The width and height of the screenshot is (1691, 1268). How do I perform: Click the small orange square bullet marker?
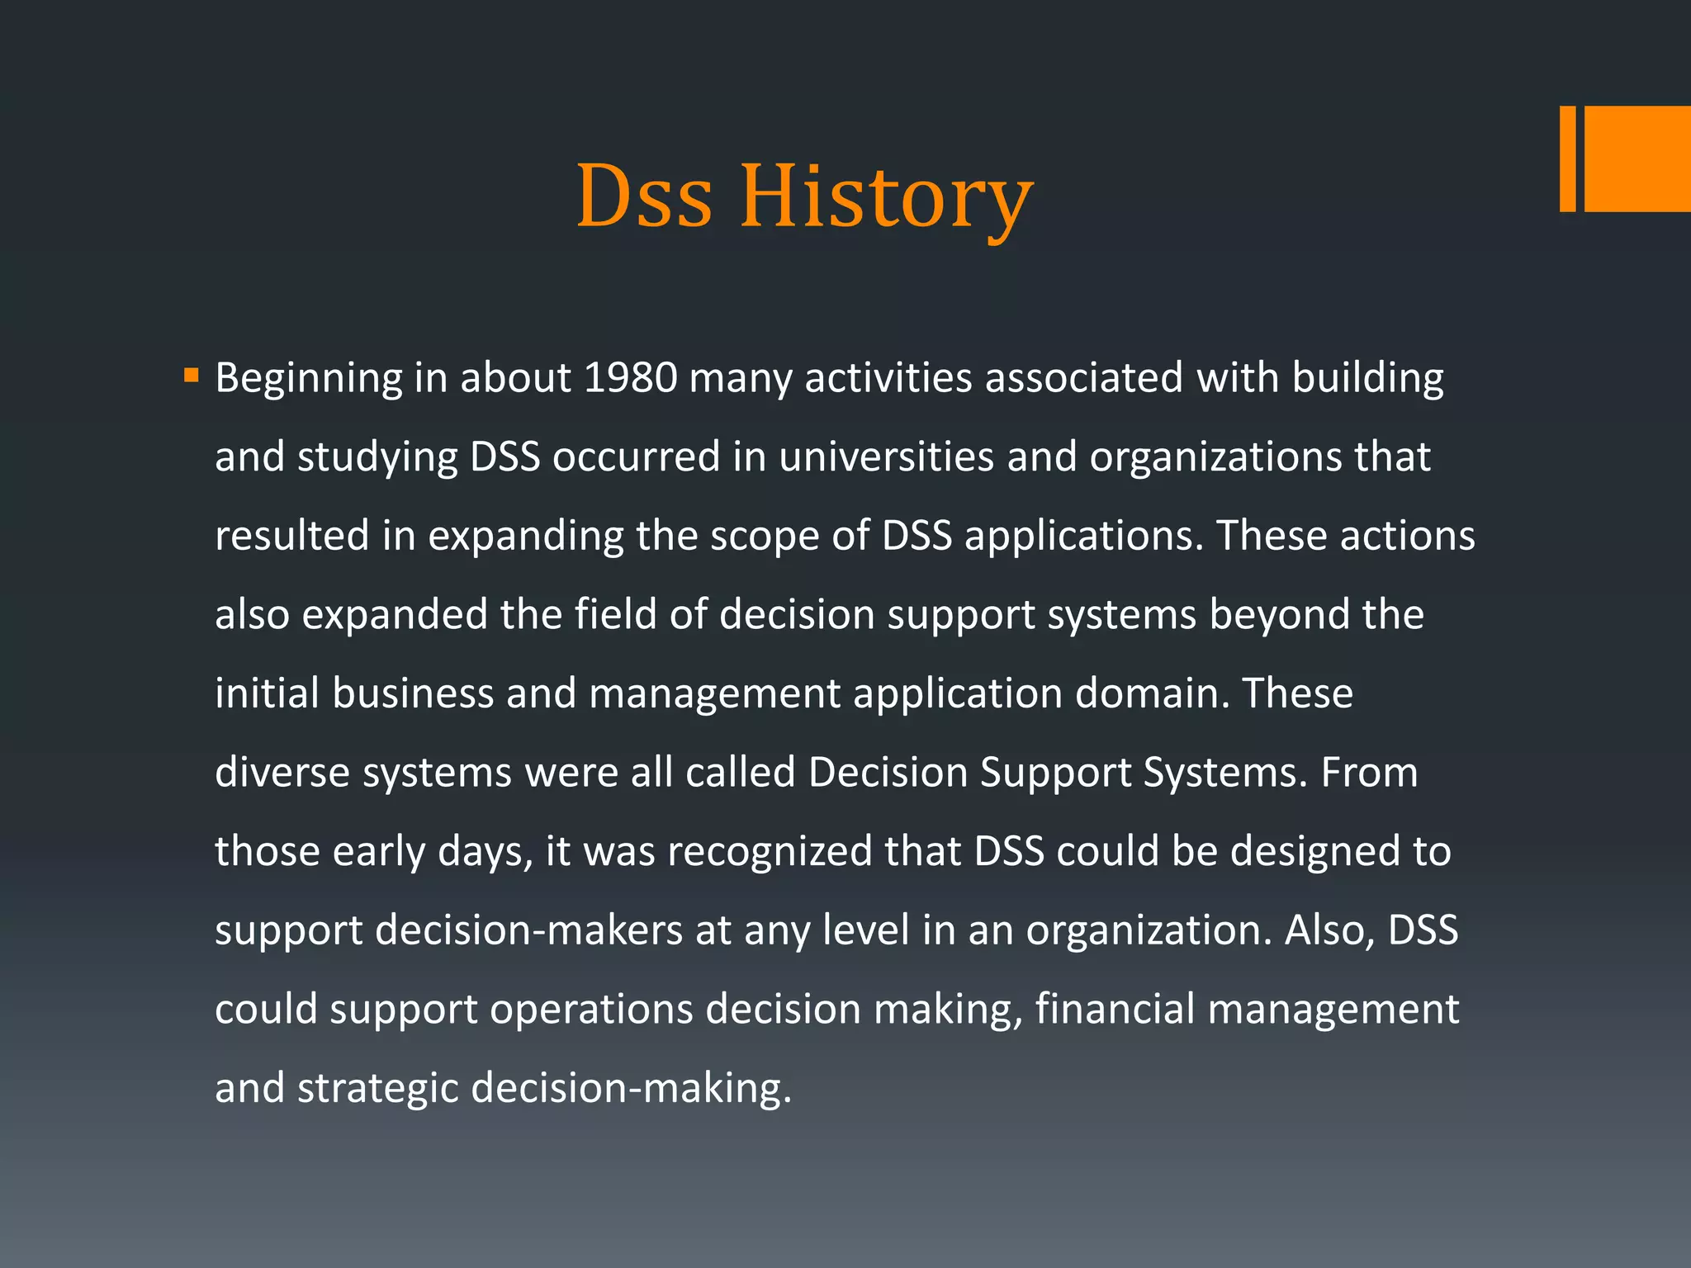click(x=192, y=376)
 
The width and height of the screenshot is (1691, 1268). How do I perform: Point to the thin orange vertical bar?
click(x=1567, y=158)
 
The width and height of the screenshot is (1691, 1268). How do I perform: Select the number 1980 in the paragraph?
click(x=630, y=378)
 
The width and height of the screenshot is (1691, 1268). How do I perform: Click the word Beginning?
click(x=309, y=378)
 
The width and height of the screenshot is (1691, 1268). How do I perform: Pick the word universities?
click(x=886, y=457)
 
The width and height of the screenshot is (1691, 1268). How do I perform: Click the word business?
click(x=413, y=693)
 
